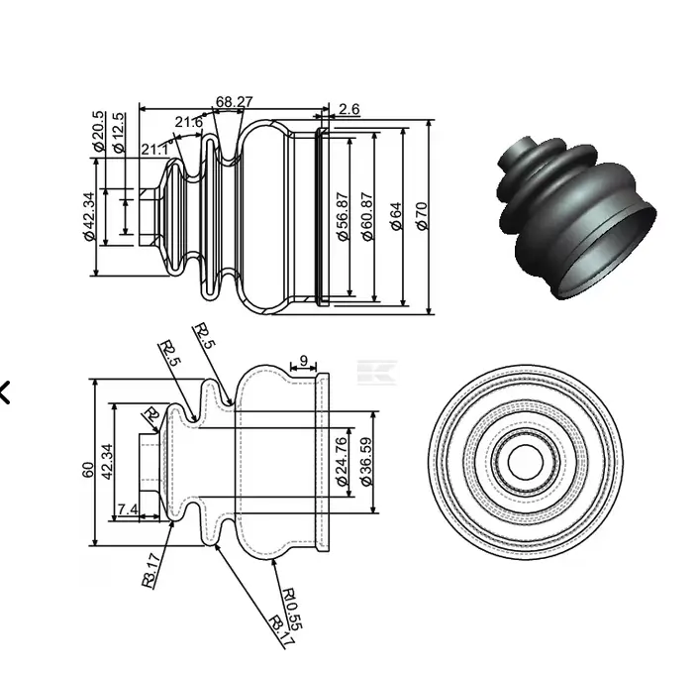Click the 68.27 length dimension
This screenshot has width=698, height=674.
click(234, 101)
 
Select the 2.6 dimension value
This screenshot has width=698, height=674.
click(349, 109)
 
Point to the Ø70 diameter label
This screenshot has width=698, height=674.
click(422, 216)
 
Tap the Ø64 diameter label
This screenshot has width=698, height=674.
click(396, 217)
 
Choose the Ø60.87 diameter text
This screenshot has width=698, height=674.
click(367, 217)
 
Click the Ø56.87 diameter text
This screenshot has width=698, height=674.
click(343, 217)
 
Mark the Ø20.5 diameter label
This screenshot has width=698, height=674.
click(98, 131)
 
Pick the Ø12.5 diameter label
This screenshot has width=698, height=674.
click(119, 132)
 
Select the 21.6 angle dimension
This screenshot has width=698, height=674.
click(188, 123)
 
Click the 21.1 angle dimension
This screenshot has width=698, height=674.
click(153, 149)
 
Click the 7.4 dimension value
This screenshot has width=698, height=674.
click(128, 509)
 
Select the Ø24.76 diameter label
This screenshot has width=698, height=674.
click(342, 461)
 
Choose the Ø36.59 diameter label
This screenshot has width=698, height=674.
click(365, 461)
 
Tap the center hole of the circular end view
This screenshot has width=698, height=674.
click(525, 462)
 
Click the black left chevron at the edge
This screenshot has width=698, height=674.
click(5, 393)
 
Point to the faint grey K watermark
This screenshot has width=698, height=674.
click(376, 373)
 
